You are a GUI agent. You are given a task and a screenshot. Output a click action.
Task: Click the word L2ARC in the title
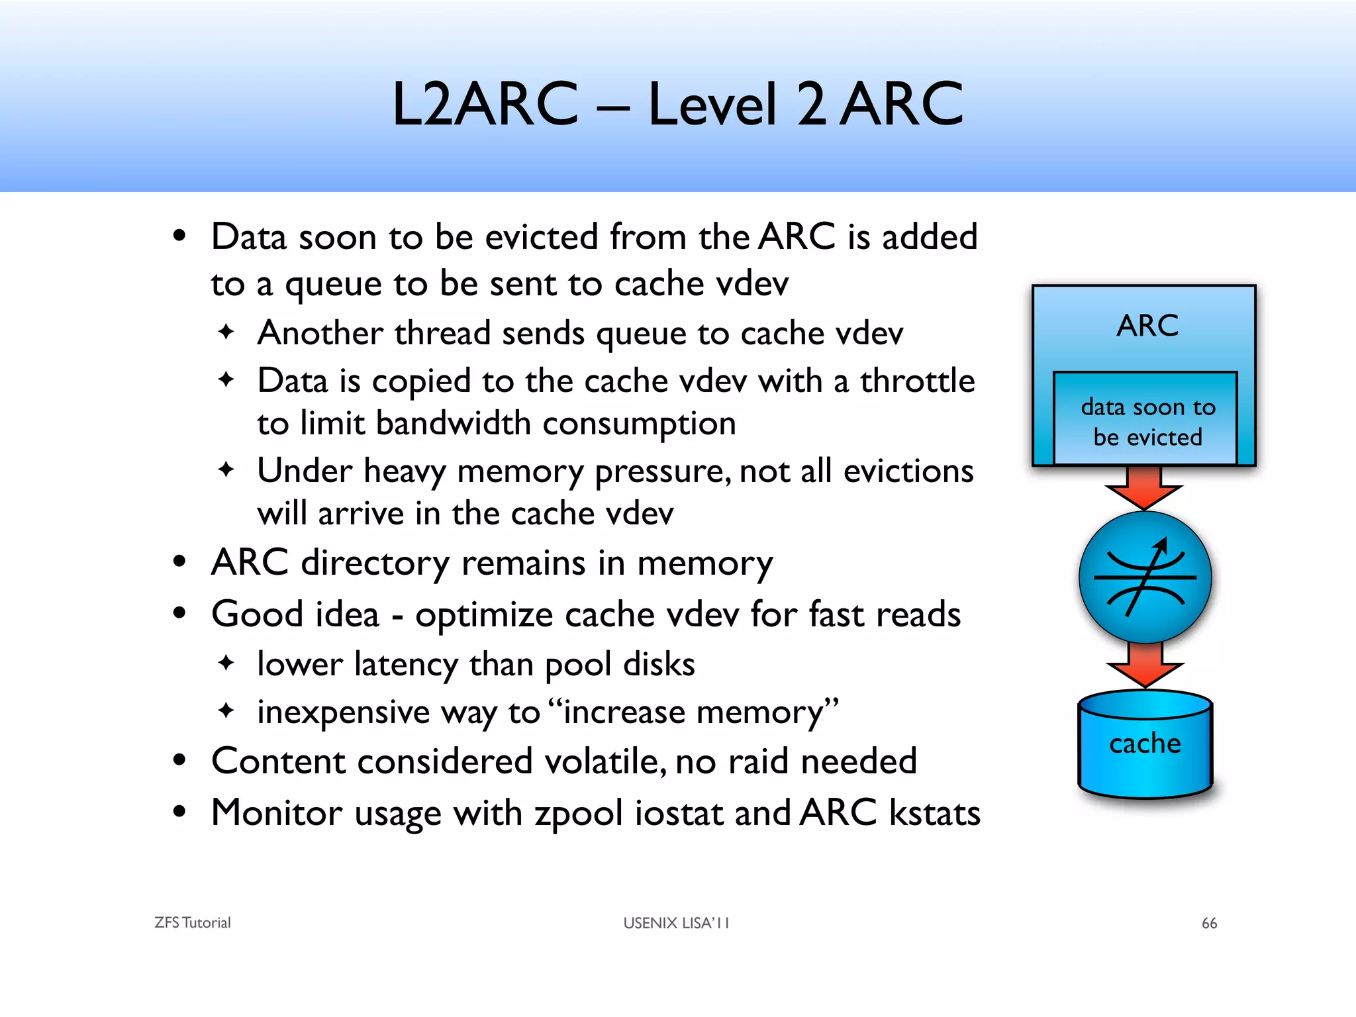coord(485,104)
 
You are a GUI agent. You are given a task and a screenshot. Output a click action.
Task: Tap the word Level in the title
coord(712,104)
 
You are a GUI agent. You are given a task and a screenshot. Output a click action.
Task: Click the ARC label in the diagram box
coord(1147,326)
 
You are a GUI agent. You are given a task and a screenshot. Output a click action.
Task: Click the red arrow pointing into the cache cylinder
coord(1145,665)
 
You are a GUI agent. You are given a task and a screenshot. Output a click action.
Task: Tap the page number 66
coord(1209,923)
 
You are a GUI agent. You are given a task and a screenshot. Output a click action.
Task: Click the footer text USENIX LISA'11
coord(675,923)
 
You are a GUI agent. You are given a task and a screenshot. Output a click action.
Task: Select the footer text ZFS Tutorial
coord(192,923)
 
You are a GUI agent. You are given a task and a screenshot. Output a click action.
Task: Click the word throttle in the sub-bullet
coord(917,381)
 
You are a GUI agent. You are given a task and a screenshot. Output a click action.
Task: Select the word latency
coord(406,664)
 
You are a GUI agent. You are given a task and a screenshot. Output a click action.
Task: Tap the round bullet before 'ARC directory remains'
coord(179,562)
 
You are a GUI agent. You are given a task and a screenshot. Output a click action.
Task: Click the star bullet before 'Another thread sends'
coord(226,331)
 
